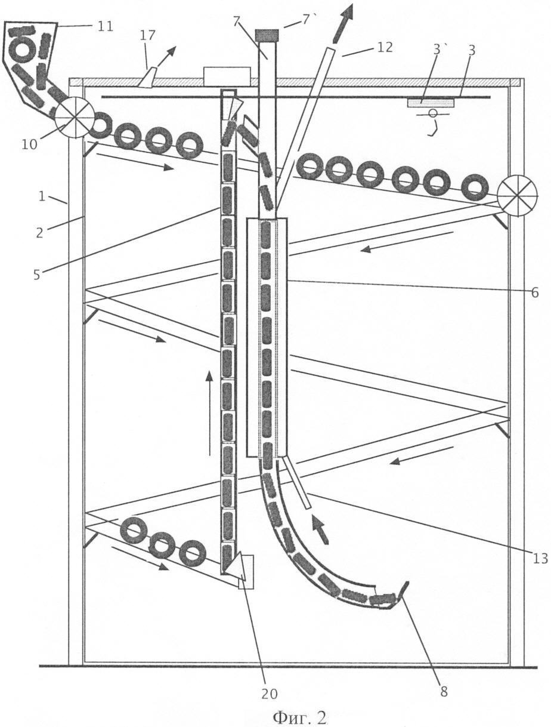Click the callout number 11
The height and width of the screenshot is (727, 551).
(105, 26)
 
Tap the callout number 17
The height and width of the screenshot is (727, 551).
(147, 35)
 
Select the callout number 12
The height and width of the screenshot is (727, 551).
(385, 47)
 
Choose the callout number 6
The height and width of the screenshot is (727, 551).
(534, 292)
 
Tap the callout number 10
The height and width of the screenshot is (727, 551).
(30, 145)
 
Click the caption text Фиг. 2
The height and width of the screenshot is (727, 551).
(299, 716)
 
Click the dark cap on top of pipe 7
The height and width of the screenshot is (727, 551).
(267, 35)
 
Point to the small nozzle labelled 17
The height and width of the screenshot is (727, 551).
(146, 78)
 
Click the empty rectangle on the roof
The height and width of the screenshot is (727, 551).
(227, 76)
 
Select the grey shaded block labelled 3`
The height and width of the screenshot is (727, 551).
(430, 103)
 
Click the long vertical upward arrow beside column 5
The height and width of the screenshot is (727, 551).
(209, 414)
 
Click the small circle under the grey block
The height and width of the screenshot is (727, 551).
(432, 113)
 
